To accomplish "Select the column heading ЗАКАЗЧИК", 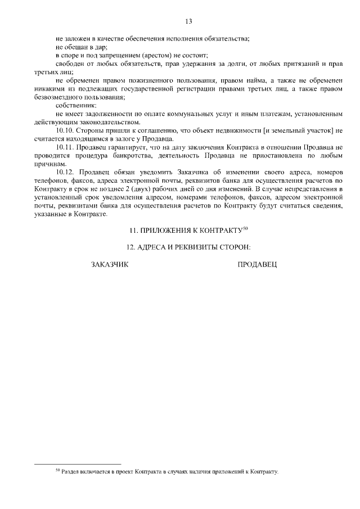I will click(110, 264).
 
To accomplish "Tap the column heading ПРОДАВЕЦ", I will click(258, 264).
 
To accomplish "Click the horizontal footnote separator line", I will click(67, 464).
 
